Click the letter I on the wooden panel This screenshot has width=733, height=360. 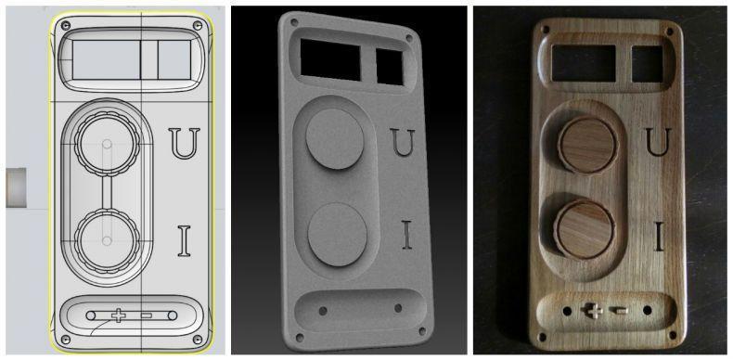click(659, 236)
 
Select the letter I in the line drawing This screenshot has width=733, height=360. click(185, 241)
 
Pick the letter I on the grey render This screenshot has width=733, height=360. click(407, 234)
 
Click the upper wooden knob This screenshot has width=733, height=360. click(587, 145)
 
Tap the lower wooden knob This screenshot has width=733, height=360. click(585, 228)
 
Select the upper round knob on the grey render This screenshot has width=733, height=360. click(335, 139)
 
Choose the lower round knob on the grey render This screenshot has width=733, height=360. click(337, 234)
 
